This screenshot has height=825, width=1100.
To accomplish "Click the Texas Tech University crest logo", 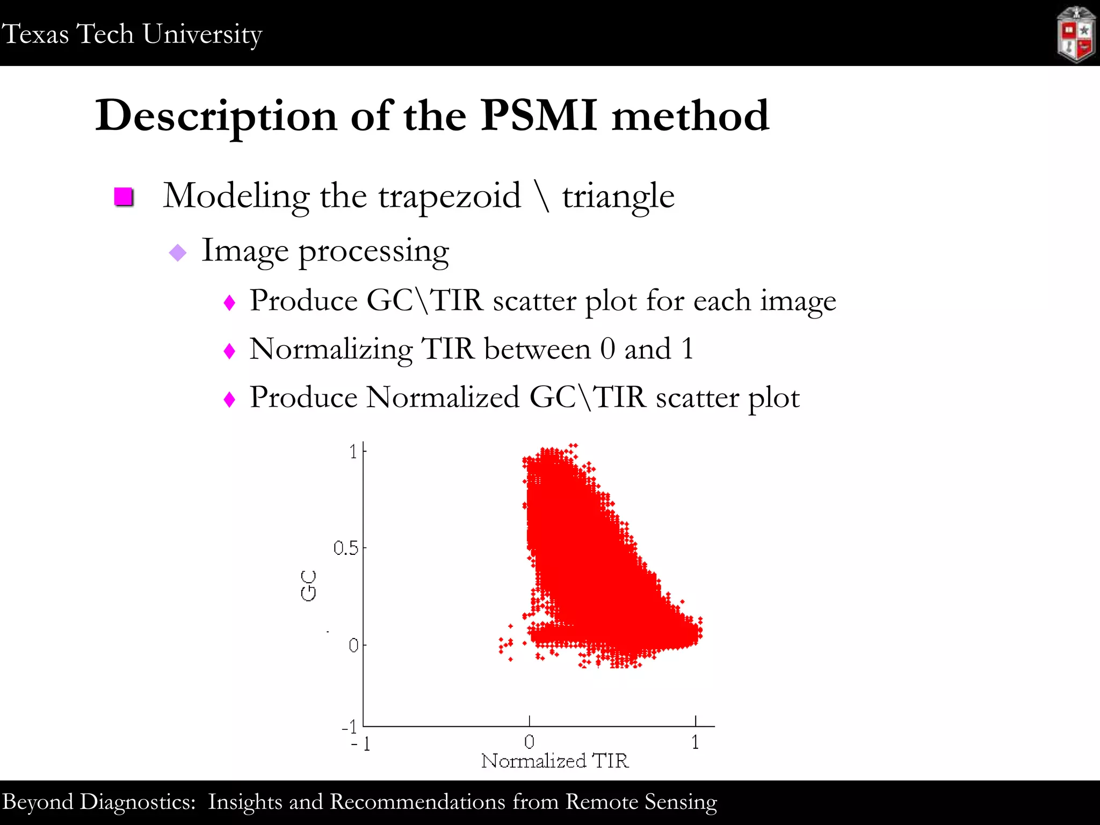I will [x=1076, y=34].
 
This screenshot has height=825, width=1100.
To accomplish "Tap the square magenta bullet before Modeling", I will [x=124, y=197].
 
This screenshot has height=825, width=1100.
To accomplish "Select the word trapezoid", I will [x=450, y=196].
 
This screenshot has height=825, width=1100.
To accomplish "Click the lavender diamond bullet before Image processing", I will [x=177, y=252].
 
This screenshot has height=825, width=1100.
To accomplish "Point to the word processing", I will [x=373, y=251].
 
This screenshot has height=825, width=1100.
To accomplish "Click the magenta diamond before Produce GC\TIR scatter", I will [x=229, y=303].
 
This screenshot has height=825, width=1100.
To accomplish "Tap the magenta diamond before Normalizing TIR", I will [x=229, y=351].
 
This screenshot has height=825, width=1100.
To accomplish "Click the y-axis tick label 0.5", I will [x=345, y=548].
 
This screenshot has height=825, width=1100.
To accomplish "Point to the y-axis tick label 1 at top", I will [x=353, y=452].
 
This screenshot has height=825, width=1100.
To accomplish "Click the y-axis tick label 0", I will [x=353, y=645].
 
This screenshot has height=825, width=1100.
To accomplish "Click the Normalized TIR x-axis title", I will [x=555, y=761].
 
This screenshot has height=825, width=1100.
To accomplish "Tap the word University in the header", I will [x=202, y=34].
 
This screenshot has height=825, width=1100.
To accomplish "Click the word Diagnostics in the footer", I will [x=137, y=802].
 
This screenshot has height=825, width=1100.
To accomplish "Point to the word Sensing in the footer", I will [x=681, y=802].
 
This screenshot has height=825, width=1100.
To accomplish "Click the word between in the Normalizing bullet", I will [x=537, y=349].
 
